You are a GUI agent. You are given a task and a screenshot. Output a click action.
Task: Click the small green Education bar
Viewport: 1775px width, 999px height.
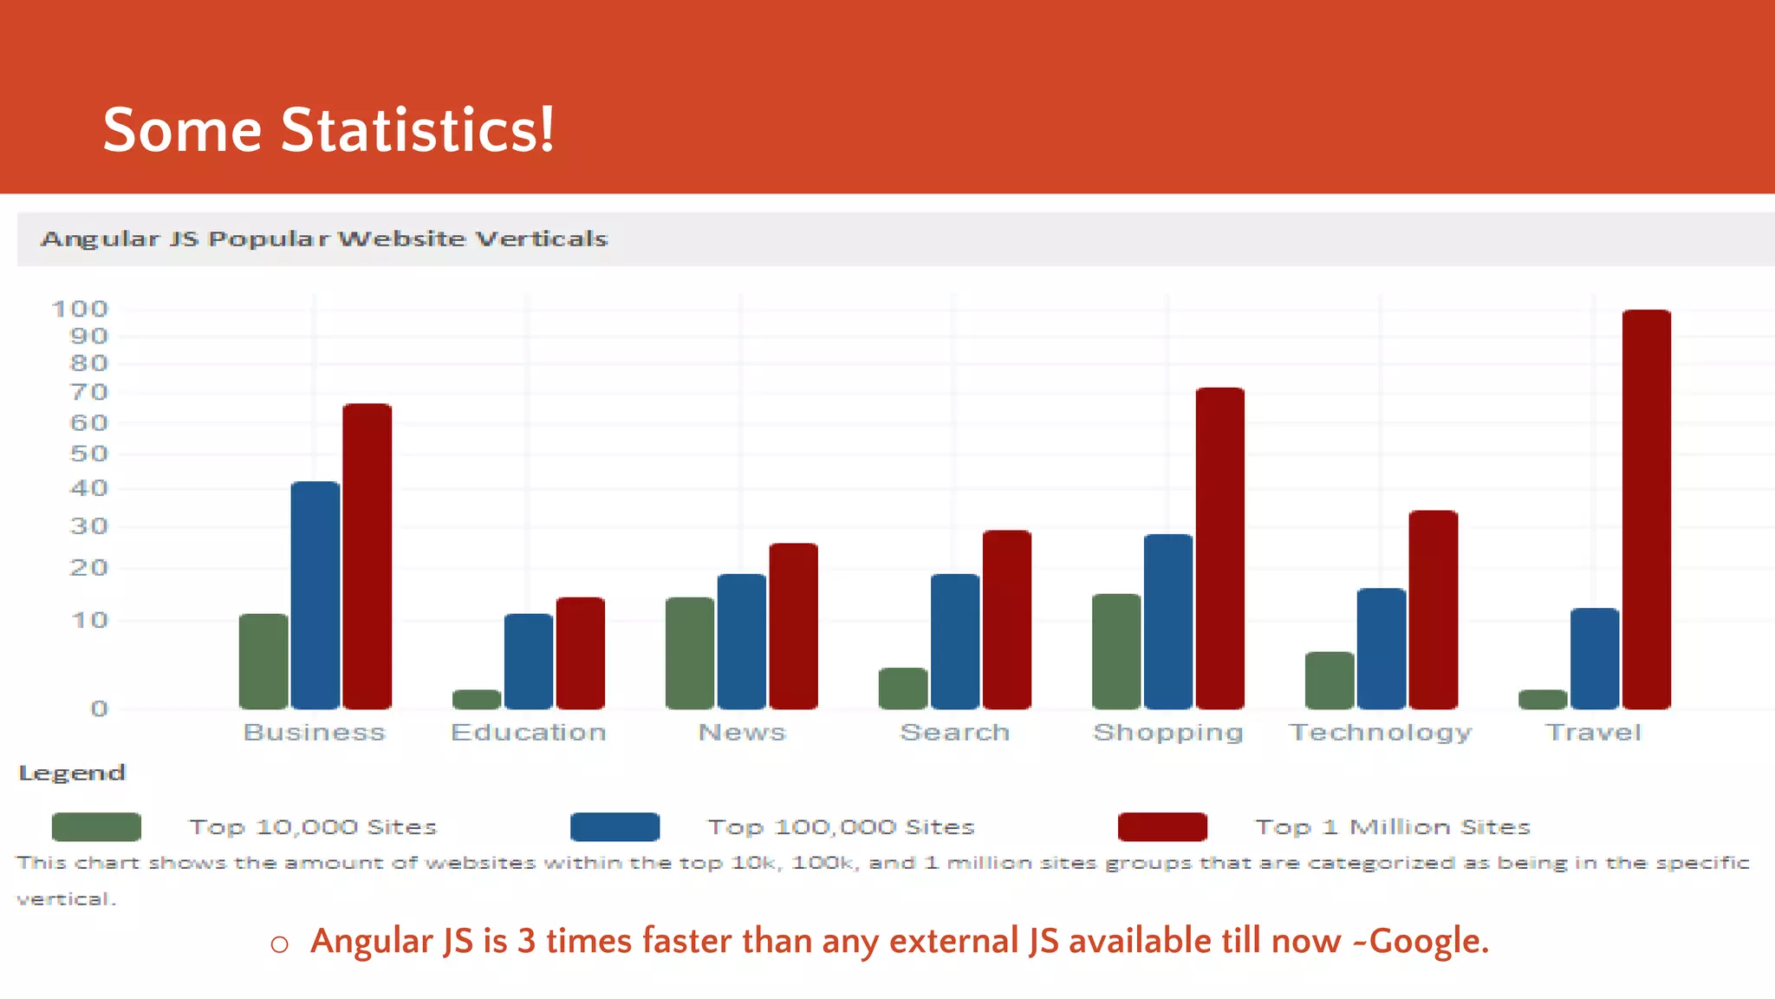click(477, 699)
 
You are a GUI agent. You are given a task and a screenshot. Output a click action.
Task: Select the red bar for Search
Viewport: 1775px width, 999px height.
click(1006, 619)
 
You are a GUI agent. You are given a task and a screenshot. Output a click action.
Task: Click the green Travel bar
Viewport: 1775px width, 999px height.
click(1543, 699)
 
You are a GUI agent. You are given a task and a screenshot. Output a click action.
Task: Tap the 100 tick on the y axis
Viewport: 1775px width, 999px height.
click(80, 309)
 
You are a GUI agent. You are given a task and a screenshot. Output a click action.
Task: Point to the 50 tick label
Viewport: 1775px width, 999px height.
click(88, 454)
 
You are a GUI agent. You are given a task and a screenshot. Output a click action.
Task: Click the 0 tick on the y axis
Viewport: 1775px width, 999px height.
click(99, 708)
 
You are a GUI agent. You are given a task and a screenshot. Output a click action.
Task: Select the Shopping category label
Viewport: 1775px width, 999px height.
click(1167, 733)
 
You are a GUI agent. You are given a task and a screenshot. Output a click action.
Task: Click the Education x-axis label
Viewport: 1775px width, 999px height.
click(528, 732)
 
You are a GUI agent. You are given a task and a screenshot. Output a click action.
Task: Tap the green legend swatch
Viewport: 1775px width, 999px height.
click(96, 826)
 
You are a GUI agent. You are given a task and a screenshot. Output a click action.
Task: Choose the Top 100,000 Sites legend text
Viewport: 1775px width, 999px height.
click(841, 826)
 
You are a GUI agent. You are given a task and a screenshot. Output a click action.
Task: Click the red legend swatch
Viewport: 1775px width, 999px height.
click(1161, 826)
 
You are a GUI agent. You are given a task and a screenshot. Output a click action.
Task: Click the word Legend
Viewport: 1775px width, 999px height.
click(72, 773)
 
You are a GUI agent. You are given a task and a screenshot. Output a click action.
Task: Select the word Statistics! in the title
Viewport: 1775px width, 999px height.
click(417, 130)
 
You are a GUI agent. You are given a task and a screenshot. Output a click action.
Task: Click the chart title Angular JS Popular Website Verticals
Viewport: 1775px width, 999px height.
click(324, 238)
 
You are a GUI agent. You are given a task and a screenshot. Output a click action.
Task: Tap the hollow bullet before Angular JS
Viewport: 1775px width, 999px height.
click(279, 944)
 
